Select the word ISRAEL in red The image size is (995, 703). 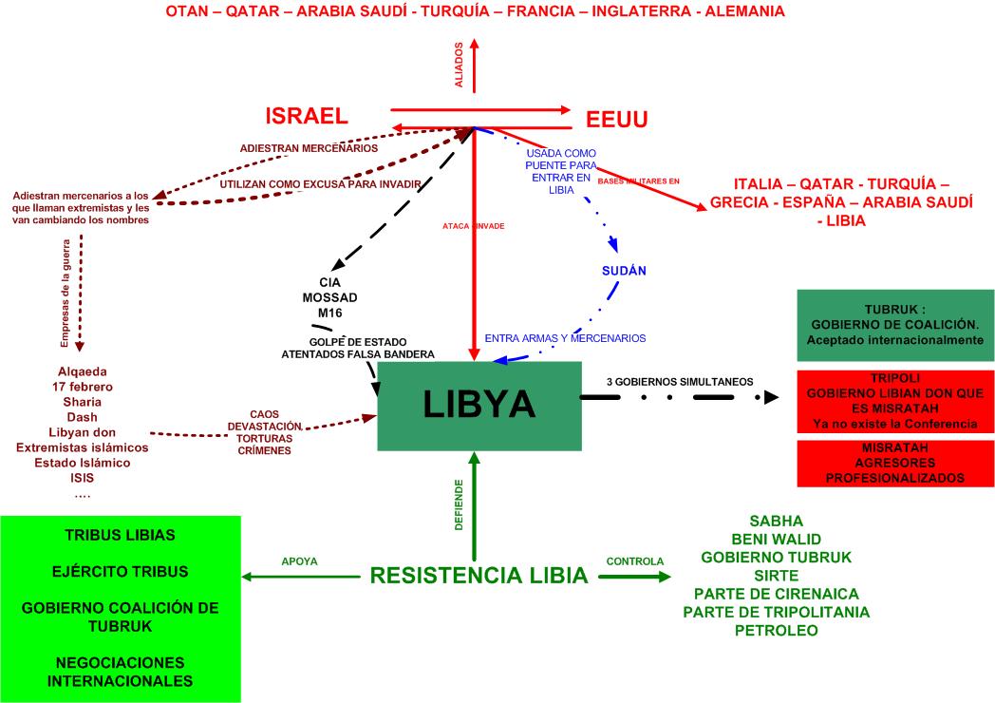(306, 116)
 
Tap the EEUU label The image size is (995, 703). (616, 120)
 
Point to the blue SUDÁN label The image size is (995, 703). (624, 271)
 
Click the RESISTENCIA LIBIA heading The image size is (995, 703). (479, 575)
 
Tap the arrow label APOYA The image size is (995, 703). (299, 561)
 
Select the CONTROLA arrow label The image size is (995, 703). (634, 561)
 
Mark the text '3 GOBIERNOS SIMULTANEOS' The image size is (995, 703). (680, 382)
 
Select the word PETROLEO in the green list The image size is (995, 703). (776, 631)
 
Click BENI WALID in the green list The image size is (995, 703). (776, 539)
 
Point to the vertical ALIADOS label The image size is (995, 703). (459, 65)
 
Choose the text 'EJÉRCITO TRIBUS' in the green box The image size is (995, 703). (120, 571)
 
